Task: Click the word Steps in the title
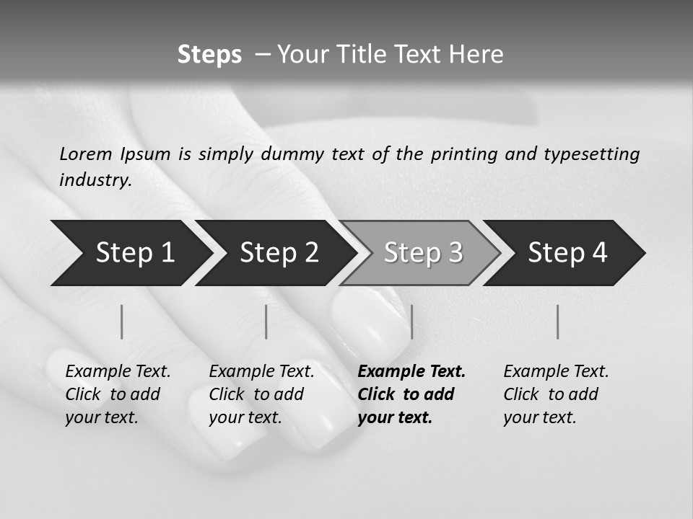tap(209, 55)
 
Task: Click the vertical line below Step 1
tap(122, 321)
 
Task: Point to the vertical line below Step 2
tap(266, 321)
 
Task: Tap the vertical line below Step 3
tap(411, 321)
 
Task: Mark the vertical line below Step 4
tap(557, 321)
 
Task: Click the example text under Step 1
tap(118, 394)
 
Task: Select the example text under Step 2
tap(261, 394)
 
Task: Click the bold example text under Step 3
tap(411, 394)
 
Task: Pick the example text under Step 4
tap(556, 394)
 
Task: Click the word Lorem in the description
tap(86, 154)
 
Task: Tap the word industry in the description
tap(95, 180)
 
